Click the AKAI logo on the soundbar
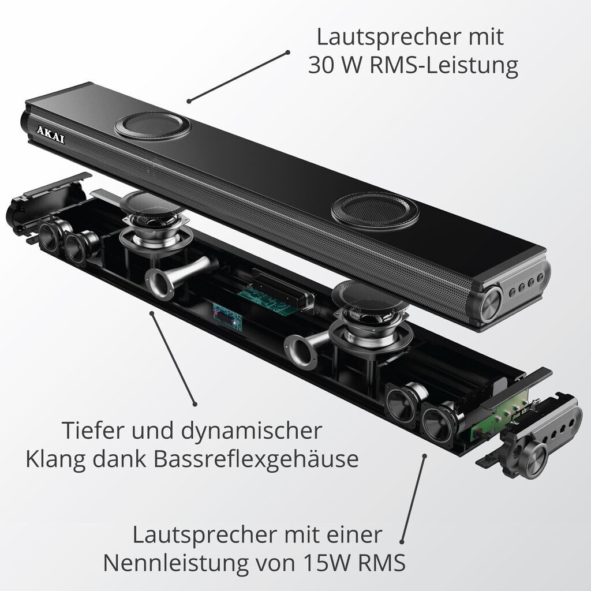pyautogui.click(x=51, y=134)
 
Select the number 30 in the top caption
pyautogui.click(x=321, y=65)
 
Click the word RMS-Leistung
pyautogui.click(x=444, y=66)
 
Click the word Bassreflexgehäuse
pyautogui.click(x=256, y=459)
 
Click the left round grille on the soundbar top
pyautogui.click(x=152, y=125)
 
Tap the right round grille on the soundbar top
pyautogui.click(x=375, y=211)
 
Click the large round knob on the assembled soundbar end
pyautogui.click(x=492, y=304)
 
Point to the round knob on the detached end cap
pyautogui.click(x=533, y=460)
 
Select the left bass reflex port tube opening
pyautogui.click(x=159, y=283)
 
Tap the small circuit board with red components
pyautogui.click(x=227, y=316)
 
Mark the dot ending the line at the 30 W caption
pyautogui.click(x=287, y=53)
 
